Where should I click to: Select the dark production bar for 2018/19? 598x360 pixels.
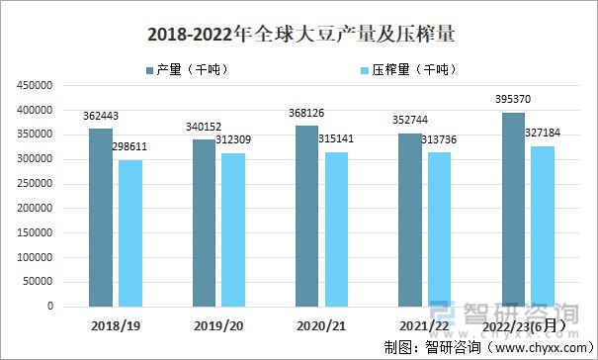[x=101, y=217]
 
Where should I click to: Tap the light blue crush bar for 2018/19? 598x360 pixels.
[x=130, y=232]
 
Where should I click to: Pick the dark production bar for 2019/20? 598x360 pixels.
[x=205, y=223]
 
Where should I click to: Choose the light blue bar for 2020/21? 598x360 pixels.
[x=336, y=228]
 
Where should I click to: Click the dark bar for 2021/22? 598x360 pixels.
[x=409, y=220]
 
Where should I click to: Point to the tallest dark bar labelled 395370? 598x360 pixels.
[x=513, y=209]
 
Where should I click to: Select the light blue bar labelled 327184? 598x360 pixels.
[x=542, y=225]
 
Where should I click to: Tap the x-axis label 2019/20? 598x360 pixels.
[x=219, y=324]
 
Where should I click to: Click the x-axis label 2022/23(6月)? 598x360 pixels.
[x=528, y=324]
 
